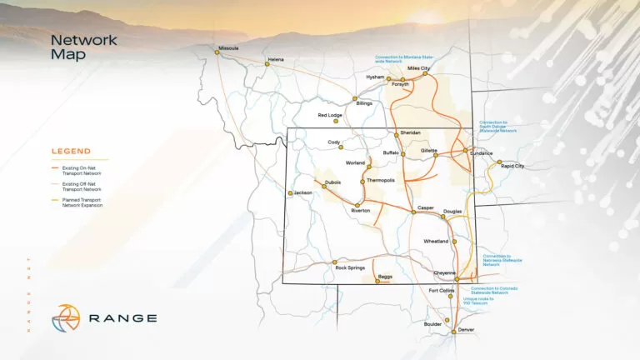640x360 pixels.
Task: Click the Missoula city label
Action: tap(227, 47)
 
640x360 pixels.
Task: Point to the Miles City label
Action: tap(418, 67)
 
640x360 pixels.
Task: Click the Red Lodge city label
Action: tap(330, 115)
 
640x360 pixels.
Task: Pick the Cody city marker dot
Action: tap(341, 147)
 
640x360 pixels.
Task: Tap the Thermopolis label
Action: tap(380, 181)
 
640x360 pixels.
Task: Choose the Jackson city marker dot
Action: tap(290, 193)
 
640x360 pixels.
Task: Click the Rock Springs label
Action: tap(350, 267)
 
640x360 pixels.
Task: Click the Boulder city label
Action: tap(432, 323)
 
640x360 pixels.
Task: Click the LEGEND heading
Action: tap(71, 152)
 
